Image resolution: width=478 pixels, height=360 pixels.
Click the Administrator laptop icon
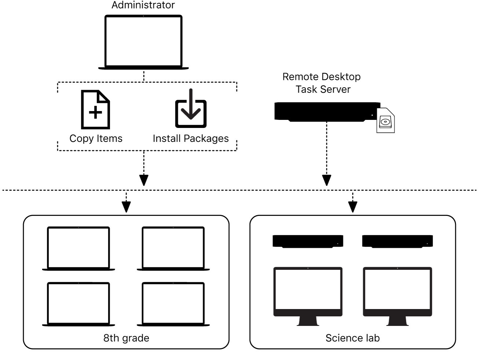[x=143, y=42]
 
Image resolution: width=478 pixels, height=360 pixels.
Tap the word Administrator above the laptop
[x=143, y=5]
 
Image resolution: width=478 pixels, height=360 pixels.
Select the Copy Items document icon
[x=95, y=110]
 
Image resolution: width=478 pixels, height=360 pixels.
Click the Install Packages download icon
[x=190, y=109]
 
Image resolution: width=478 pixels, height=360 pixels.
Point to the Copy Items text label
[x=96, y=139]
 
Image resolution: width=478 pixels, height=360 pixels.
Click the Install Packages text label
[x=190, y=139]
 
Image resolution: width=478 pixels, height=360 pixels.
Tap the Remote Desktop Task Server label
[x=322, y=83]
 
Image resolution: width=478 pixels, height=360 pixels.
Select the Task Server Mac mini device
[x=326, y=111]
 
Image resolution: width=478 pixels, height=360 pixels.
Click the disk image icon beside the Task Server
[x=386, y=121]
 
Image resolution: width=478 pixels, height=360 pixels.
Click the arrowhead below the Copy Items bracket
[x=144, y=180]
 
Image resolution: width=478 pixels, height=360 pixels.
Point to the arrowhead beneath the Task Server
[x=326, y=180]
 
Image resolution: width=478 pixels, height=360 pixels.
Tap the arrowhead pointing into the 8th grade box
[x=126, y=207]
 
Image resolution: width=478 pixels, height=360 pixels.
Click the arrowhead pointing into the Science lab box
[x=353, y=207]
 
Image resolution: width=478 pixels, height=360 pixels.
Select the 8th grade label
[x=126, y=338]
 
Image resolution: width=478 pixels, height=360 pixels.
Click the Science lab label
[x=353, y=338]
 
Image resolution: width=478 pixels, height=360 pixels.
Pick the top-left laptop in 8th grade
[x=79, y=248]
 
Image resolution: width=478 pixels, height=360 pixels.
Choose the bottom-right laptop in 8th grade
[x=173, y=304]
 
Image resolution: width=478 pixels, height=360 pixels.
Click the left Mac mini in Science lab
[x=308, y=241]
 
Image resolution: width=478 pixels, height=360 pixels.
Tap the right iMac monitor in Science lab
[x=397, y=291]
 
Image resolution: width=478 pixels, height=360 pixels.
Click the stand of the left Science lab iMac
[x=308, y=321]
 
